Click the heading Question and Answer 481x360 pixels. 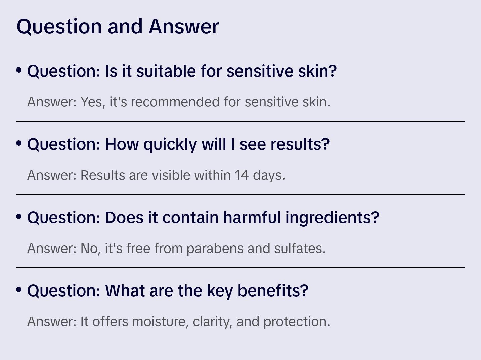[118, 26]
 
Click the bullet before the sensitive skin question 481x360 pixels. [19, 70]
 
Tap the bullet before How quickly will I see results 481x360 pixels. [19, 143]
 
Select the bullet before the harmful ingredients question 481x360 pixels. [19, 217]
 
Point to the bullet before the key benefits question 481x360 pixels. [19, 290]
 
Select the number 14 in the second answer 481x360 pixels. [242, 175]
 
